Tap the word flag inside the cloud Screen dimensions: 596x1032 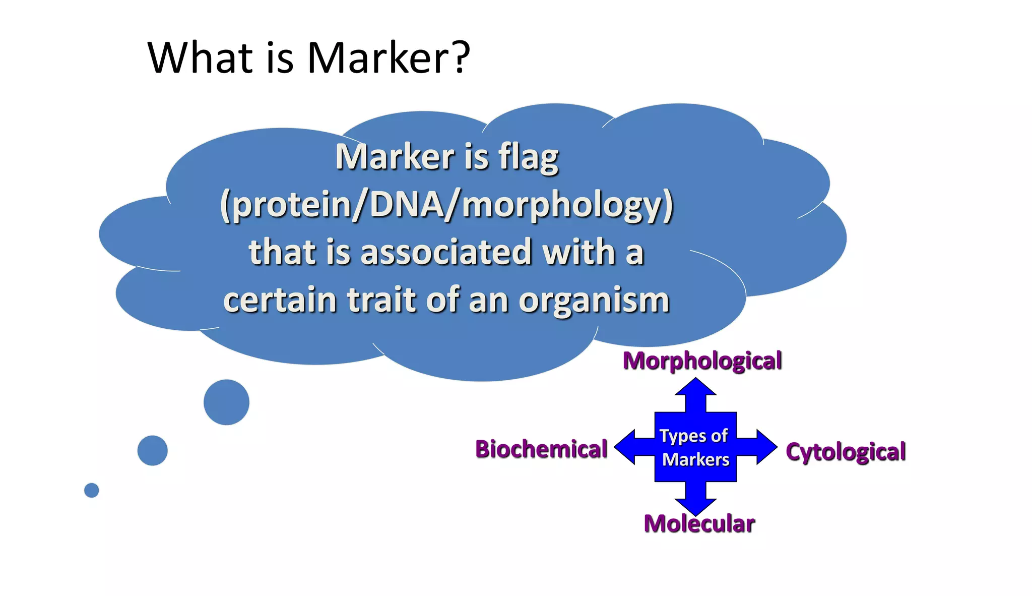[529, 157]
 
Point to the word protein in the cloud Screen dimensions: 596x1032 [292, 206]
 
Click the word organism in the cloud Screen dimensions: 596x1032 [594, 301]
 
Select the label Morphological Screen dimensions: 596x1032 [702, 361]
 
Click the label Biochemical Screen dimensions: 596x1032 [541, 449]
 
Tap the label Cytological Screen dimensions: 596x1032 [846, 452]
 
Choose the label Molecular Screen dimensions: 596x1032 [699, 523]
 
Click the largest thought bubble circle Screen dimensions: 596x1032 [226, 402]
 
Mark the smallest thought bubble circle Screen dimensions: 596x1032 [91, 490]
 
